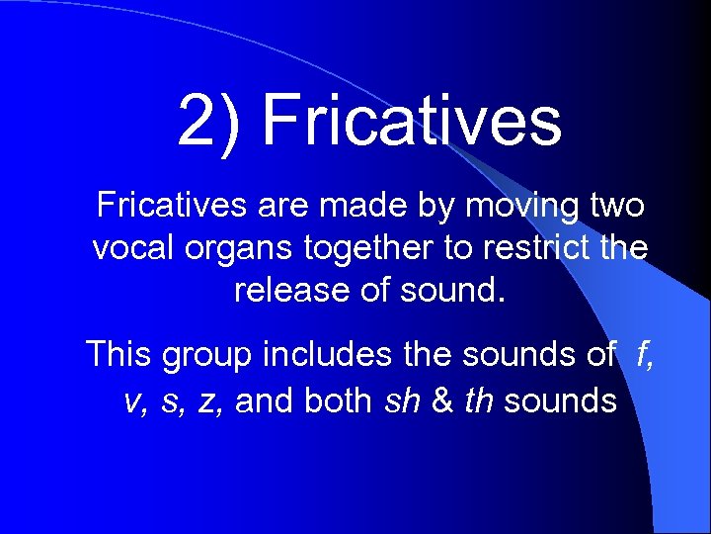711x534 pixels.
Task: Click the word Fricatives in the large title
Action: pyautogui.click(x=412, y=120)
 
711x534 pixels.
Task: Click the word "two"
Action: pyautogui.click(x=616, y=206)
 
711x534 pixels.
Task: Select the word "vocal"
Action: pyautogui.click(x=129, y=248)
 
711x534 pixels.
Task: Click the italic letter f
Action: pyautogui.click(x=643, y=353)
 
